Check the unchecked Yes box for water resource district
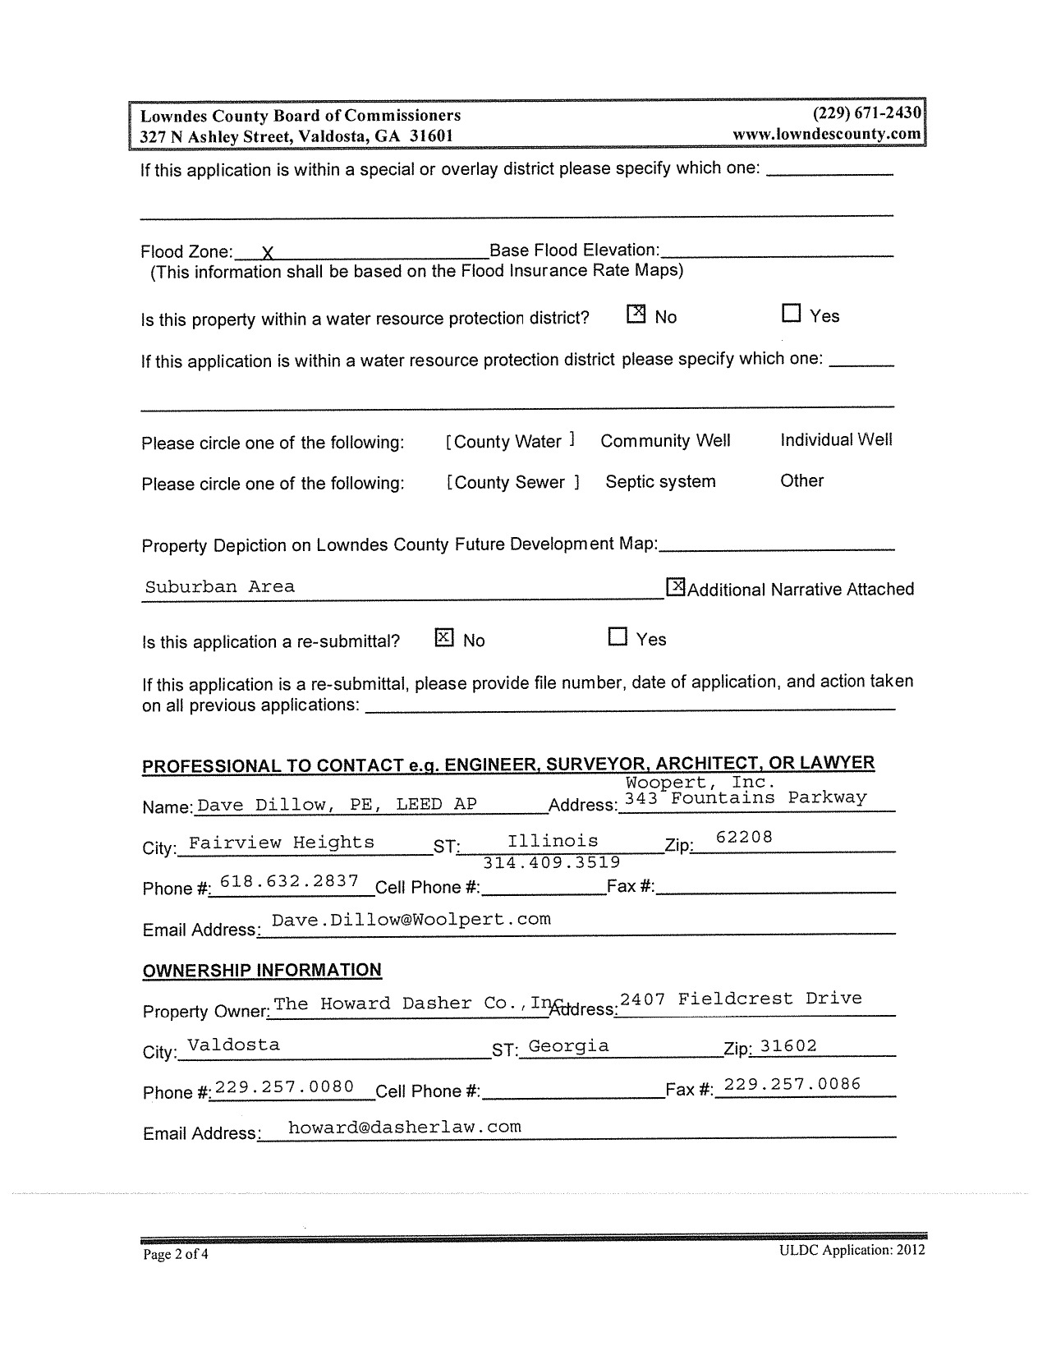coord(791,314)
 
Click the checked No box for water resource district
coord(636,315)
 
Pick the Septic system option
coord(660,482)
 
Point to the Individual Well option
coord(836,440)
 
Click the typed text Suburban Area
coord(219,586)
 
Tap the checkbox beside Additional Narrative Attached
coord(675,587)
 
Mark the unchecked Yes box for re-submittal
coord(618,637)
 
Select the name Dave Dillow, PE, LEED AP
coord(337,804)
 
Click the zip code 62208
coord(744,838)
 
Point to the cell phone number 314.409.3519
coord(551,862)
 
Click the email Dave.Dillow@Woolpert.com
coord(411,919)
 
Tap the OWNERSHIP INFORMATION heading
coord(262,970)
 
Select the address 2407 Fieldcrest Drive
coord(741,999)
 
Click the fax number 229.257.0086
coord(792,1084)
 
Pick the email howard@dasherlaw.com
coord(405,1127)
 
